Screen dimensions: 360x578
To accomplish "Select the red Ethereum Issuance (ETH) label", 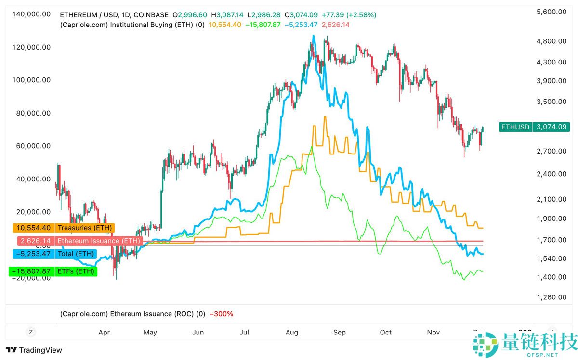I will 98,241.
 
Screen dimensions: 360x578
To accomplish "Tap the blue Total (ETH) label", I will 76,254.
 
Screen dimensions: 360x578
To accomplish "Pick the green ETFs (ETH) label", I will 76,271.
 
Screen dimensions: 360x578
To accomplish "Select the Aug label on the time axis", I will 292,332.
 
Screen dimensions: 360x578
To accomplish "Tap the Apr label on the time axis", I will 104,332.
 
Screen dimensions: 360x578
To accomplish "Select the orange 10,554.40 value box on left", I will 30,228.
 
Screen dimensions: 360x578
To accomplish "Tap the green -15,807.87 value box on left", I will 30,271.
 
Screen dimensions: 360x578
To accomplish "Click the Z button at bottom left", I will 30,332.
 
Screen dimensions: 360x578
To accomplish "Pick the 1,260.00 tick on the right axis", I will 551,297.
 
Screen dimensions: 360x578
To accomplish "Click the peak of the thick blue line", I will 314,36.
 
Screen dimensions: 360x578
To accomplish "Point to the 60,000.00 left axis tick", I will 32,146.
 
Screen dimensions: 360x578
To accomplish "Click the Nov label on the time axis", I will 434,332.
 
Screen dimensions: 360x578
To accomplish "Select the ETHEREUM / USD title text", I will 91,15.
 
